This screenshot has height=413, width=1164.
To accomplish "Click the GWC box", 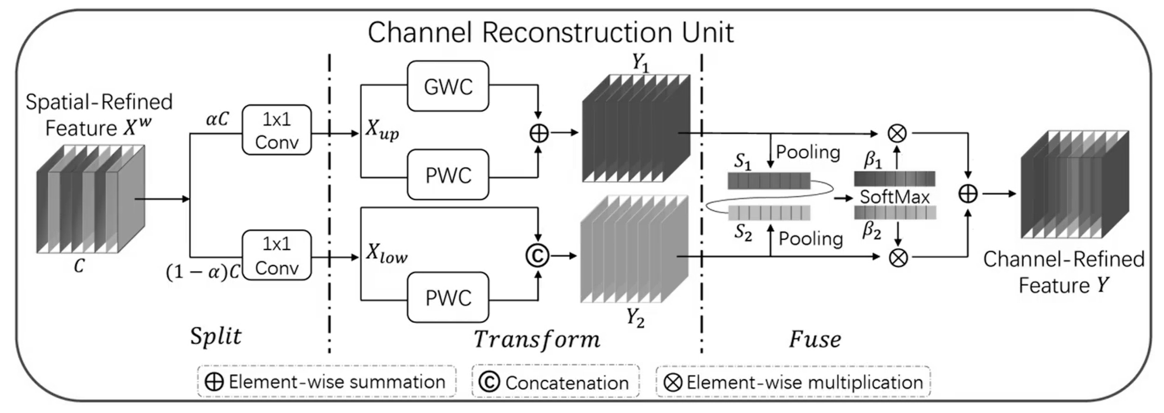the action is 448,86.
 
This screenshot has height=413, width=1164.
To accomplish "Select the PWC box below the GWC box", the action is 448,175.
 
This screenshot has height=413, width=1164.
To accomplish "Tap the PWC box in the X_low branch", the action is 448,298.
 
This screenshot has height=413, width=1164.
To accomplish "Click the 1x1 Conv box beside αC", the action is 277,131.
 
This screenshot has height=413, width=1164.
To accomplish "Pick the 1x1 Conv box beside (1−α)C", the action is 277,255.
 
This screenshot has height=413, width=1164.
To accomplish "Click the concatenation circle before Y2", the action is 538,256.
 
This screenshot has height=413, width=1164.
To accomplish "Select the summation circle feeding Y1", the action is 539,133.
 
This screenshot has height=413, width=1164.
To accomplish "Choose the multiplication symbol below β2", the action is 898,258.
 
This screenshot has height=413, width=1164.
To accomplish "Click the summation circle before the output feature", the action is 968,194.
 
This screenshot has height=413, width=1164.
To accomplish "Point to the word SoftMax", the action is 894,197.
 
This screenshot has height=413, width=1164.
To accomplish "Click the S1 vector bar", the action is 769,181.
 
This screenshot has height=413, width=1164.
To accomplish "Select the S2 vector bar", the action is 769,213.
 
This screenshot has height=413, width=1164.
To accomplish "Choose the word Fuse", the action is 815,339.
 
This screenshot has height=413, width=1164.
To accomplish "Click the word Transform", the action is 537,339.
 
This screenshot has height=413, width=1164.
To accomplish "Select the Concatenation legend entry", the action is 555,382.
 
